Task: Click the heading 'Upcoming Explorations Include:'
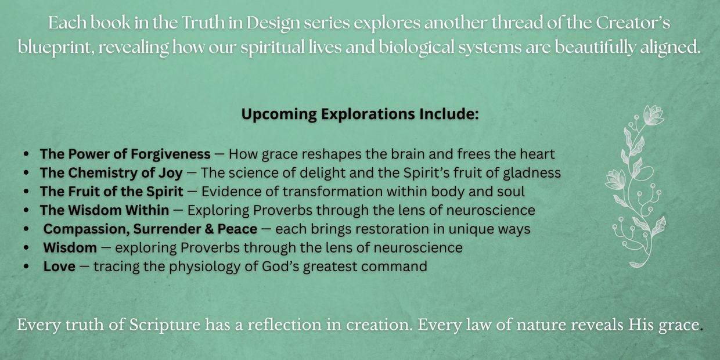360,114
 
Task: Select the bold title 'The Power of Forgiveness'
125,154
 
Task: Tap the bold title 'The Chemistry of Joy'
111,173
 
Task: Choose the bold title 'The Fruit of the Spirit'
111,192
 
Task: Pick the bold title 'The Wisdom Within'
105,210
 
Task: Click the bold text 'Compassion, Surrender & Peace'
150,229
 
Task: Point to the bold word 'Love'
59,267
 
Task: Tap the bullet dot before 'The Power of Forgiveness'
26,154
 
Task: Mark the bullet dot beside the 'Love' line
26,267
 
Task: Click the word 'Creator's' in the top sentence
633,23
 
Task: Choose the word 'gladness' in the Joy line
532,174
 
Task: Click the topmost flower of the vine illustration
653,115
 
